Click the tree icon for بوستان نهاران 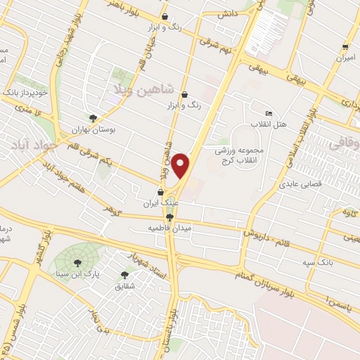pyautogui.click(x=92, y=118)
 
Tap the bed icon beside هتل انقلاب pyautogui.click(x=268, y=113)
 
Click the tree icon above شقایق pyautogui.click(x=125, y=275)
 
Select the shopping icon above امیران pyautogui.click(x=345, y=47)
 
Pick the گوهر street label pyautogui.click(x=110, y=209)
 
